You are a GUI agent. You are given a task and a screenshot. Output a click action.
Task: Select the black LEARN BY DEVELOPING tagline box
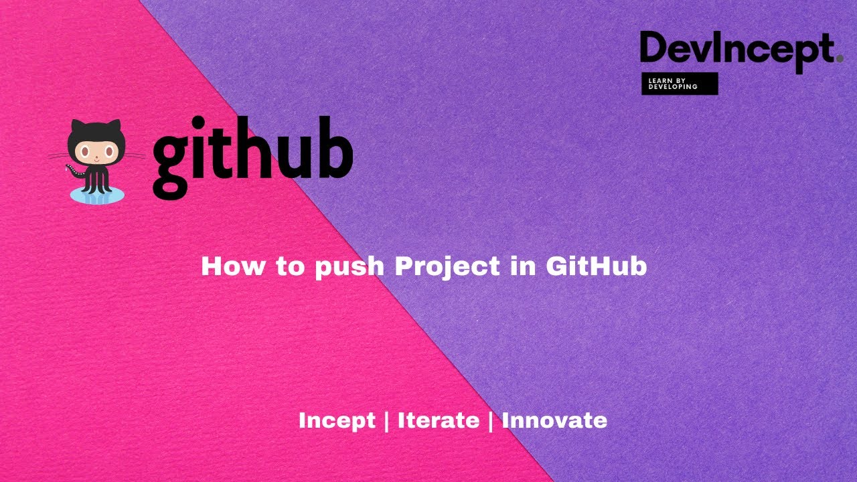click(680, 84)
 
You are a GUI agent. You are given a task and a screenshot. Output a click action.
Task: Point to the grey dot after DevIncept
click(840, 59)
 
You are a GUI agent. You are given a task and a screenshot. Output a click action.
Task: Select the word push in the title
click(349, 267)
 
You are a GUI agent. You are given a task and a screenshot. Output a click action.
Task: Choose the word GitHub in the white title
click(596, 266)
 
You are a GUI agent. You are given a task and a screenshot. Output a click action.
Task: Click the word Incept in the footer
click(337, 421)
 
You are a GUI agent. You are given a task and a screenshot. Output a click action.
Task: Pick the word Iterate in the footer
click(439, 420)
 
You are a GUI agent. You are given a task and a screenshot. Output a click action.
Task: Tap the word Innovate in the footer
click(554, 420)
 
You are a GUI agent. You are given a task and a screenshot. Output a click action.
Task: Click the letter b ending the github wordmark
click(334, 150)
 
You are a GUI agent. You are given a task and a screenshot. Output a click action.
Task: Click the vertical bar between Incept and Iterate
click(387, 421)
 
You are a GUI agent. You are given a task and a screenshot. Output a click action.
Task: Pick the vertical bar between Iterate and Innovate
click(491, 421)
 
